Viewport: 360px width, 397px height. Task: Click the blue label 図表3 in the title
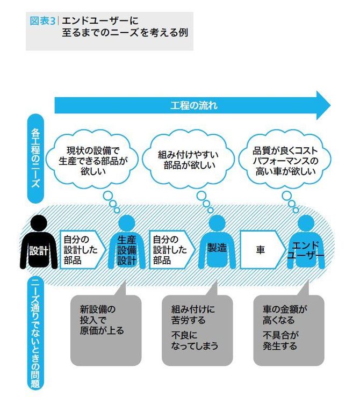click(42, 21)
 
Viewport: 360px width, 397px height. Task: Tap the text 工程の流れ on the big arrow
click(194, 105)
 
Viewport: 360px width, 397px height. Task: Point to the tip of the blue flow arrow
click(330, 105)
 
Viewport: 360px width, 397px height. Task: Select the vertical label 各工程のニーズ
click(35, 158)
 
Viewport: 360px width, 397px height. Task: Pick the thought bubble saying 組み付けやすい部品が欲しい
click(189, 160)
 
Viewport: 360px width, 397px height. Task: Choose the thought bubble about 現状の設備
click(92, 160)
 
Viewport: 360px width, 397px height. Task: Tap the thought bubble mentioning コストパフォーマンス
click(285, 160)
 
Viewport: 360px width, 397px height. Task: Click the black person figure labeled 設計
click(39, 242)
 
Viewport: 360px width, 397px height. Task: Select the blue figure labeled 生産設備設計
click(127, 242)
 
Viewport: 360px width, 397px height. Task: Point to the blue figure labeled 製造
click(217, 242)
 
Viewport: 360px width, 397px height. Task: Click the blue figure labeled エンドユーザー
click(306, 242)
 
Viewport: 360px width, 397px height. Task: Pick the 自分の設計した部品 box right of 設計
click(82, 250)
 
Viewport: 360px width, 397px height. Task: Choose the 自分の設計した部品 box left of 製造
click(172, 250)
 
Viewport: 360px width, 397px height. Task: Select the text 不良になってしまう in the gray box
click(195, 341)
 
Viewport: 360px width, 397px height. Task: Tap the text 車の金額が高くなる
click(285, 314)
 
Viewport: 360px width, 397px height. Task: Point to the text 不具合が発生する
click(280, 341)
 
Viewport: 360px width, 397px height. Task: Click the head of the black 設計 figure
click(39, 223)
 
